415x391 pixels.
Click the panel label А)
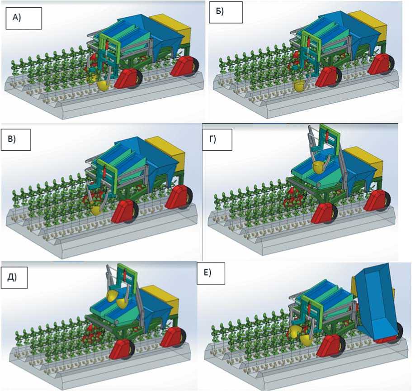coord(23,18)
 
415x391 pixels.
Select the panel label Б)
coord(226,12)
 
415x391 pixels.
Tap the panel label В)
coord(18,140)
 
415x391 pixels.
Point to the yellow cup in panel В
coord(96,210)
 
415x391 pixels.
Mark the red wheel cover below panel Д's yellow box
coord(175,336)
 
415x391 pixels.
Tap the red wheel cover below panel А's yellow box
coord(184,66)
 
